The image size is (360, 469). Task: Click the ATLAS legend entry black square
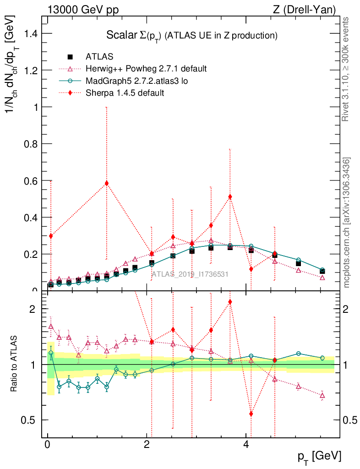pyautogui.click(x=70, y=57)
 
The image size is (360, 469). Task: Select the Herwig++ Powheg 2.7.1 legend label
pyautogui.click(x=146, y=69)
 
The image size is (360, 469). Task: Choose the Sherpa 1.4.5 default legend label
pyautogui.click(x=125, y=93)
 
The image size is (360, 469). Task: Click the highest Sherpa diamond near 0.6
pyautogui.click(x=107, y=183)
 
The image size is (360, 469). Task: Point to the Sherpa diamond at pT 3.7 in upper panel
pyautogui.click(x=230, y=197)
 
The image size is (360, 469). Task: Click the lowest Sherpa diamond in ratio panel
pyautogui.click(x=251, y=414)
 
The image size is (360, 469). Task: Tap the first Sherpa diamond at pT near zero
pyautogui.click(x=51, y=236)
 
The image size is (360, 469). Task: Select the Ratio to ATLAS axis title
pyautogui.click(x=14, y=364)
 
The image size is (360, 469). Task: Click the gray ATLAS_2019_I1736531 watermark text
pyautogui.click(x=190, y=274)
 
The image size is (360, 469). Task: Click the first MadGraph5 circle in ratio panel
pyautogui.click(x=51, y=353)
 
